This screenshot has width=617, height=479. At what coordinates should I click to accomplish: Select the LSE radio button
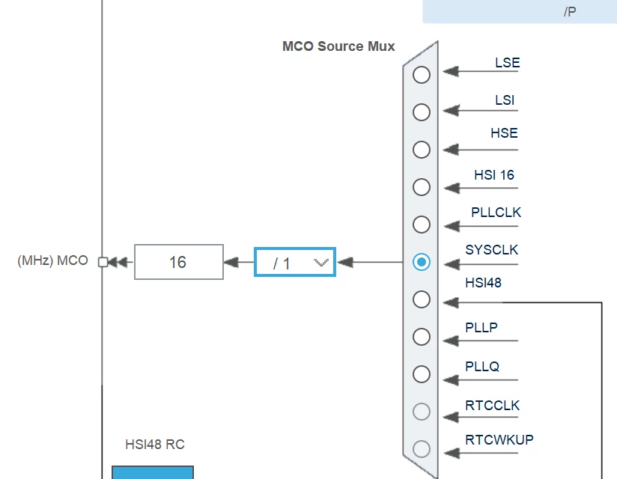click(x=422, y=75)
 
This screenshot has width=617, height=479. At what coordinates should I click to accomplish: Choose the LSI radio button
click(x=422, y=112)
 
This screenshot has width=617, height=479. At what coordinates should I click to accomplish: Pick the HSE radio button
click(x=422, y=150)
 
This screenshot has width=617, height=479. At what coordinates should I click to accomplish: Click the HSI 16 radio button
click(x=422, y=187)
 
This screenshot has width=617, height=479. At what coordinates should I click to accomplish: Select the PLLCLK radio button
click(x=422, y=225)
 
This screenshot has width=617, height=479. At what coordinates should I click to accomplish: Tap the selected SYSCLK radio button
click(x=422, y=262)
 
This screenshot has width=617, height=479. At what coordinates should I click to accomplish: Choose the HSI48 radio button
click(x=422, y=299)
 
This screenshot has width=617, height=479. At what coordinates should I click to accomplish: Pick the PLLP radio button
click(x=422, y=337)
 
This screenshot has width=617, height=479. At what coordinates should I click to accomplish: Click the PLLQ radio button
click(x=422, y=374)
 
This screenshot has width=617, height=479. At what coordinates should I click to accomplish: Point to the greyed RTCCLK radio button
click(x=422, y=412)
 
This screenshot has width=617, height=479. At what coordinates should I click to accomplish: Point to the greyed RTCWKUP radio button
click(x=422, y=449)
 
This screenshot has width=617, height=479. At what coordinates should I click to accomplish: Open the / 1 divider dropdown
click(x=295, y=262)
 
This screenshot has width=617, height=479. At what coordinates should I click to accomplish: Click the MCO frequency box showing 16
click(x=179, y=262)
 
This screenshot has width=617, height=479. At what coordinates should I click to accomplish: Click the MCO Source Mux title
click(x=338, y=46)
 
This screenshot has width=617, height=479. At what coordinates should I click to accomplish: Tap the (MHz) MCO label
click(x=52, y=260)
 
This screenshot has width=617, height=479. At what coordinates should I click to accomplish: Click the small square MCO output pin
click(x=103, y=262)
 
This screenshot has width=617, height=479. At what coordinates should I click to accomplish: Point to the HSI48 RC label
click(x=155, y=445)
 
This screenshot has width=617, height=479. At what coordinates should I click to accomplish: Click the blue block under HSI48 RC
click(x=153, y=472)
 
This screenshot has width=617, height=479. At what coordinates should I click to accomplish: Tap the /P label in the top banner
click(x=570, y=12)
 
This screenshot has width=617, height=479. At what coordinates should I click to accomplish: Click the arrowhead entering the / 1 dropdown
click(x=345, y=262)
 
